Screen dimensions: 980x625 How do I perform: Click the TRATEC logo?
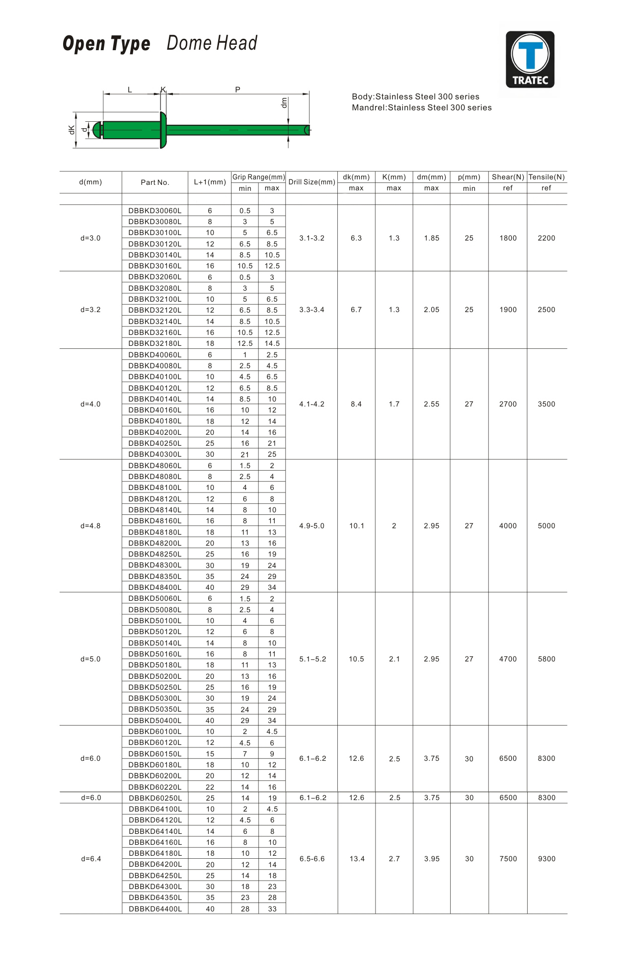[530, 59]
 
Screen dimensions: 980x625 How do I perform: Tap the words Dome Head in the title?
[212, 43]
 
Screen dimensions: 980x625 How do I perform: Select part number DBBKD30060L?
[155, 211]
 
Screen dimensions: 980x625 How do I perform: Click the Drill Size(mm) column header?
[312, 182]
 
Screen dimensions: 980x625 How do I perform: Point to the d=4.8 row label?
[90, 526]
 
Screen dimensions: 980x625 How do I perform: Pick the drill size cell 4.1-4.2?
[312, 404]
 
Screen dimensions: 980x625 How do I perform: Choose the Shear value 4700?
[508, 659]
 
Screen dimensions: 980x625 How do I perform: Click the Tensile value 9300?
[547, 859]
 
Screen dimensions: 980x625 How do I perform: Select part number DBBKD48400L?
[155, 587]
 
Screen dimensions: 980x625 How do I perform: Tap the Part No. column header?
[155, 182]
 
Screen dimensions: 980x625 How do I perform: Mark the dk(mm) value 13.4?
[357, 859]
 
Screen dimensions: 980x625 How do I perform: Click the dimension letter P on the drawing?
[237, 89]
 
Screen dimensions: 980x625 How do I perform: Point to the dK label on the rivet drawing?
[72, 130]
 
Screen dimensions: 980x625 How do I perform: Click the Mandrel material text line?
[422, 107]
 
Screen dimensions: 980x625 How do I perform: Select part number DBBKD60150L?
[155, 754]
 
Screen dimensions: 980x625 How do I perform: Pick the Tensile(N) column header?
[547, 177]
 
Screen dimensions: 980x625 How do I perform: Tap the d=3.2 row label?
[90, 310]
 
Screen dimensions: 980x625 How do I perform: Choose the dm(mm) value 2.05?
[431, 310]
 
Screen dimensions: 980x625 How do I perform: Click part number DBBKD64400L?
[155, 909]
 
